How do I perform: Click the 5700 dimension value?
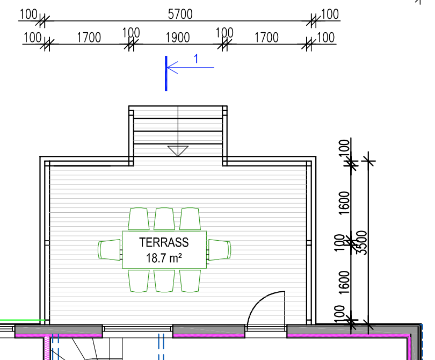click(x=180, y=14)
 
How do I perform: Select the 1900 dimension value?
click(x=178, y=38)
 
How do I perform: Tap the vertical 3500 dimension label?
click(x=361, y=242)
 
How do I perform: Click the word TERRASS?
click(x=164, y=242)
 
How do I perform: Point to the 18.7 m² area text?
click(x=164, y=258)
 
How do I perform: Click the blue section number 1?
click(x=196, y=59)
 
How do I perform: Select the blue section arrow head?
click(x=172, y=68)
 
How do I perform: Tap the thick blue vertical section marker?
click(x=166, y=73)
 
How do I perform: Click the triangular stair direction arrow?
click(x=178, y=151)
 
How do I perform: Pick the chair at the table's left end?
click(x=110, y=250)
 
